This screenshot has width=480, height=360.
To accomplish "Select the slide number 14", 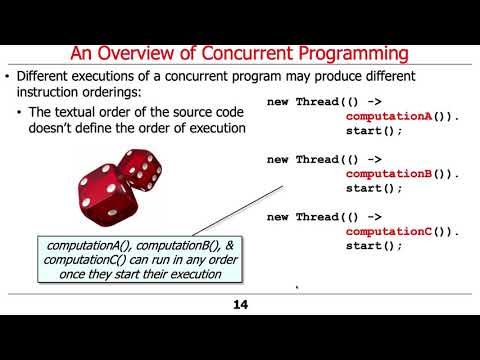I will tap(239, 304).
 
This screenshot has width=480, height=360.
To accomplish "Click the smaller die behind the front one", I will tap(139, 170).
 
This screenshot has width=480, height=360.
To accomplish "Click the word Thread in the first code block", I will tap(319, 103).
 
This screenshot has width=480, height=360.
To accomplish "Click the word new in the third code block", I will tap(279, 217).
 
